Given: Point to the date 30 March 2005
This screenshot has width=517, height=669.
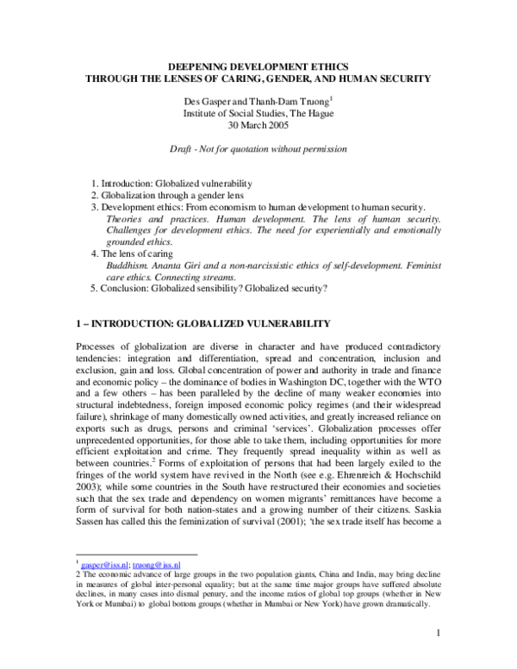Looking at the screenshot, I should click(x=258, y=124).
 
